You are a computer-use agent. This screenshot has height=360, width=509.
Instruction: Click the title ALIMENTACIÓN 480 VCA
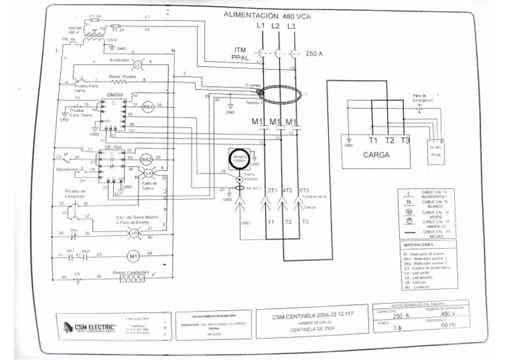[266, 14]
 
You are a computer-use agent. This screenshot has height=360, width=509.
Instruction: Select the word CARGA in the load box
[376, 154]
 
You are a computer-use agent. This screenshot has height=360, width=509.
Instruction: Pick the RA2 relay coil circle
[146, 159]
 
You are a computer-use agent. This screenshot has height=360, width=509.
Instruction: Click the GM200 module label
[115, 95]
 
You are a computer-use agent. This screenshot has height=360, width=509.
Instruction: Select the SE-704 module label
[113, 147]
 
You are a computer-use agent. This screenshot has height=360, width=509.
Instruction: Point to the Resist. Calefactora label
[130, 272]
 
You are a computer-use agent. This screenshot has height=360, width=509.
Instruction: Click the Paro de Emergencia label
[422, 98]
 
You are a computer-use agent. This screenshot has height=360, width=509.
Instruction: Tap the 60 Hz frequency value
[448, 325]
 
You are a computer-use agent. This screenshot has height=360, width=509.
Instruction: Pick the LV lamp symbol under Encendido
[139, 64]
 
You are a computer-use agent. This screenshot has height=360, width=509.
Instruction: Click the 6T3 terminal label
[304, 190]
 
